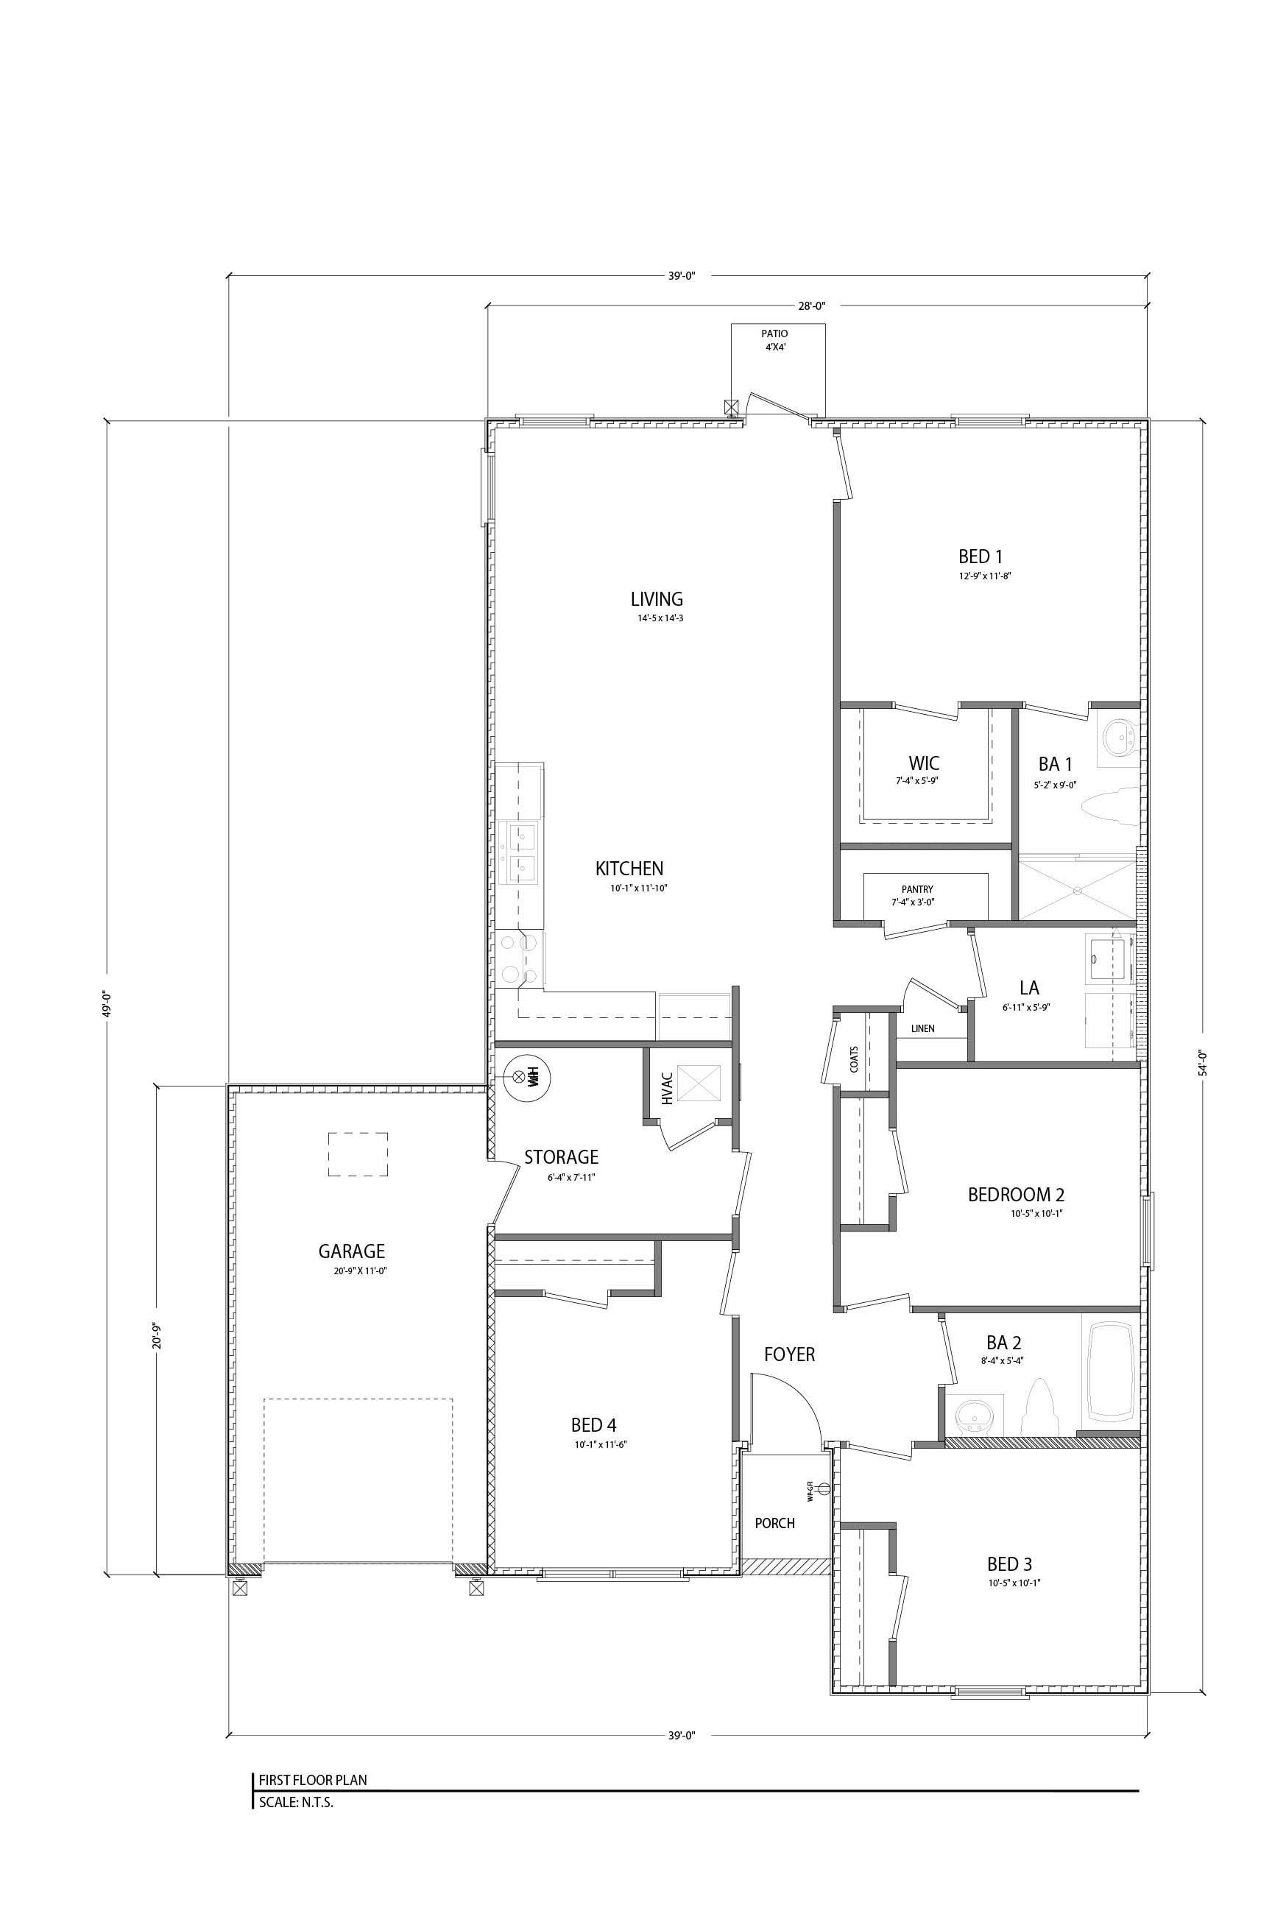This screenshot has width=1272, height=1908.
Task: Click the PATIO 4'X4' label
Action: pos(774,340)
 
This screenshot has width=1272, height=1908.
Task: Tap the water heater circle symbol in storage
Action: pos(526,1078)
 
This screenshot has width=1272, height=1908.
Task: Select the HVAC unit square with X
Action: pos(699,1083)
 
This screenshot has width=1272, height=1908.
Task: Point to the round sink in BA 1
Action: pos(1122,738)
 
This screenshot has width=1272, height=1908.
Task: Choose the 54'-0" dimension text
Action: pos(1203,1064)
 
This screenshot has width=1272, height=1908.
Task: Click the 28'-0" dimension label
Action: pos(810,305)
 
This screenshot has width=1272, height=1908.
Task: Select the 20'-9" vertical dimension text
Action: pos(157,1335)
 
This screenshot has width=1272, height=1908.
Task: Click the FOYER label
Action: pos(788,1354)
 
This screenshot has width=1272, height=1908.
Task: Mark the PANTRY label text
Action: pos(916,889)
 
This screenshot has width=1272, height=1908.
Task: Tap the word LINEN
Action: pos(922,1028)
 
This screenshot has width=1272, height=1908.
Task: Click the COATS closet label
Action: pos(854,1059)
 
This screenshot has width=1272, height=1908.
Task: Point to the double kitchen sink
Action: pos(522,852)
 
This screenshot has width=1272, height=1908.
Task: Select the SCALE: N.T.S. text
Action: pos(296,1803)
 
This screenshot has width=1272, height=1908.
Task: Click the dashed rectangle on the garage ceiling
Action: pos(358,1154)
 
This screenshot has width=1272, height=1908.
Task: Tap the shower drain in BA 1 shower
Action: pos(1078,890)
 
